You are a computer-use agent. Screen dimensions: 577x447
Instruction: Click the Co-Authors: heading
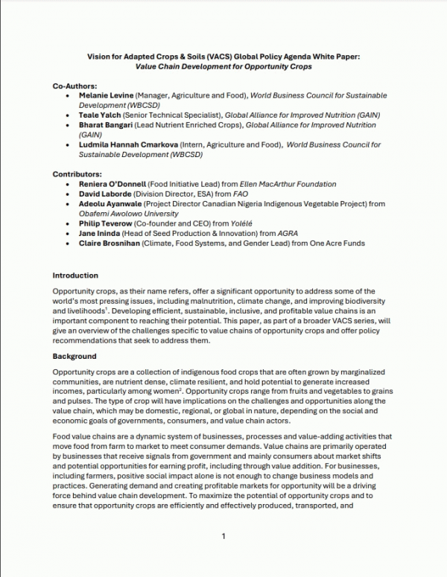73,87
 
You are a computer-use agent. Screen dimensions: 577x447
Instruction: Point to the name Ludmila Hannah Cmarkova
126,146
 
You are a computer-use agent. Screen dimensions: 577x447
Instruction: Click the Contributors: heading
77,173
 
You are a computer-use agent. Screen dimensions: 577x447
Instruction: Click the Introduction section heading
75,275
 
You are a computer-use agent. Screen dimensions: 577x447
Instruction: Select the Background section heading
74,356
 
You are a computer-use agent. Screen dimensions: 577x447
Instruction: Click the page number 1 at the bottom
223,536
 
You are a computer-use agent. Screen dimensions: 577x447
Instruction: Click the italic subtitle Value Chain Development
223,66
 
